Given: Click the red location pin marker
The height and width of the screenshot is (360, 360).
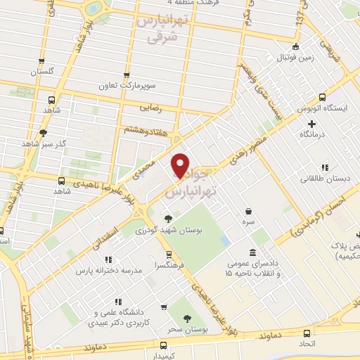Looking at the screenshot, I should [181, 165].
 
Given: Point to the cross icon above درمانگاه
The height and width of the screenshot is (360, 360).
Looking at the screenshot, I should [311, 124].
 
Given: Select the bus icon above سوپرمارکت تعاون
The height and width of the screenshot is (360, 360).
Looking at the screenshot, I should [127, 75].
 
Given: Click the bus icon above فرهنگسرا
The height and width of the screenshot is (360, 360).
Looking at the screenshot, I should [168, 255].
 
